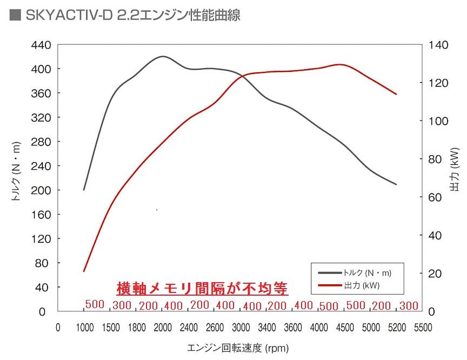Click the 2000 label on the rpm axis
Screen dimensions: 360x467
(162, 328)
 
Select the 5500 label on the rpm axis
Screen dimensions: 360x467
(423, 328)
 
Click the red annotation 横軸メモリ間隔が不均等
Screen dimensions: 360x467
(202, 288)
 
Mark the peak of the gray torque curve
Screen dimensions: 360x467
(163, 56)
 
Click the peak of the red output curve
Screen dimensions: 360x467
(341, 64)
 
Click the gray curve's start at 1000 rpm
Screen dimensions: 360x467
(84, 190)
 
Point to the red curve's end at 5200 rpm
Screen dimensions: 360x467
(396, 94)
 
